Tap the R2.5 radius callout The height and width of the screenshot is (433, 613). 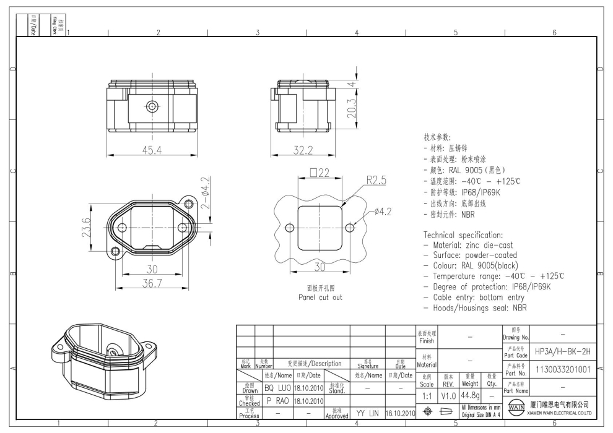pos(376,181)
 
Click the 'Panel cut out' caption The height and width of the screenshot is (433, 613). pos(319,297)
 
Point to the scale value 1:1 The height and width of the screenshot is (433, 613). pos(427,395)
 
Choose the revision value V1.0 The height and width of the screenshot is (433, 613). pos(449,395)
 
